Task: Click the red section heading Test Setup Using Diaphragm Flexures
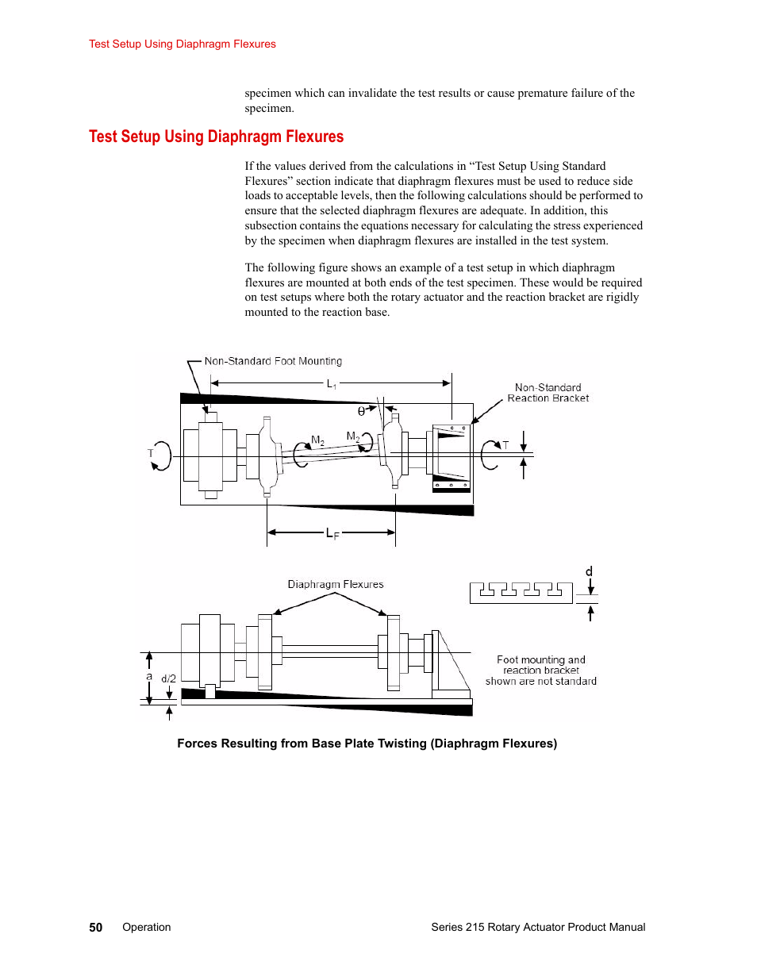click(x=216, y=136)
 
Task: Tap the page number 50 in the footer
click(x=95, y=928)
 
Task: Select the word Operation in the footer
click(x=147, y=928)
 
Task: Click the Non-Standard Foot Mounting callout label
click(x=273, y=361)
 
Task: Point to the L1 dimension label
click(x=332, y=384)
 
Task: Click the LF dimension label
click(x=332, y=533)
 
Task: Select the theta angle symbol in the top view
click(x=361, y=411)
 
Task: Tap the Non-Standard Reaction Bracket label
click(x=548, y=392)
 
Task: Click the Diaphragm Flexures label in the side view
click(x=336, y=584)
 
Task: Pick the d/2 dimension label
click(x=169, y=678)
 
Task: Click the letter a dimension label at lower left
click(x=149, y=677)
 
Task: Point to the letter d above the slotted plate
click(x=589, y=571)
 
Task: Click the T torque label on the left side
click(x=150, y=453)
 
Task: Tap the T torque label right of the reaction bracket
click(x=505, y=446)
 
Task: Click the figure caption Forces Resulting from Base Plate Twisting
click(x=367, y=744)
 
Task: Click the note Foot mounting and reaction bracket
click(x=540, y=671)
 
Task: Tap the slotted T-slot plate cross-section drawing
click(x=521, y=593)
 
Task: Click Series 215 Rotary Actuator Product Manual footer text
click(x=538, y=928)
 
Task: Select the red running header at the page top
click(x=183, y=44)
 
